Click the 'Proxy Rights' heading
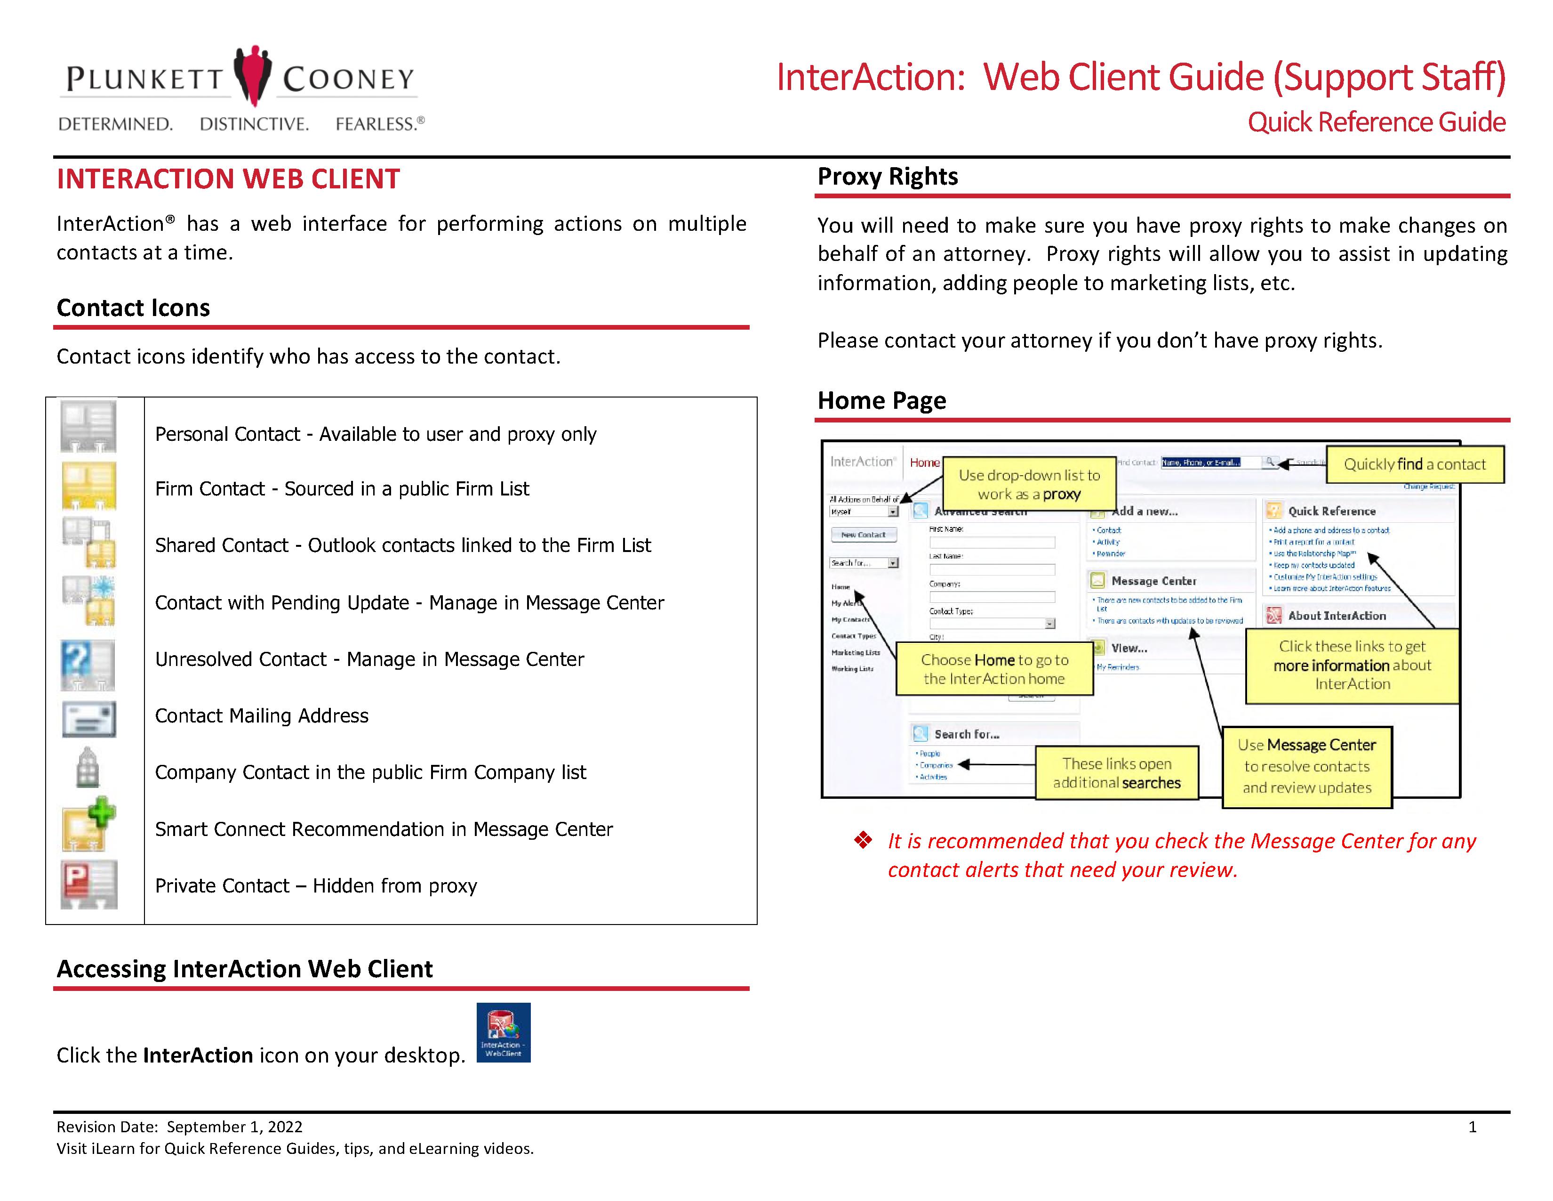click(888, 177)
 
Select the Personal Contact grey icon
click(88, 427)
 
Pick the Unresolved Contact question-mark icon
click(88, 665)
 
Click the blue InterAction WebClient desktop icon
click(504, 1032)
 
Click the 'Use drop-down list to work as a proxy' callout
click(1029, 485)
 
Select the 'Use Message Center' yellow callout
click(1306, 766)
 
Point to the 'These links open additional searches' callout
click(1116, 773)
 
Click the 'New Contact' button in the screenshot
click(863, 535)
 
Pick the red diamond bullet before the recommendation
click(863, 840)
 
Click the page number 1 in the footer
click(1472, 1127)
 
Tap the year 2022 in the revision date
click(285, 1127)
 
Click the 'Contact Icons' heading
click(133, 308)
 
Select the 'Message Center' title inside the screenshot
click(1153, 581)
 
